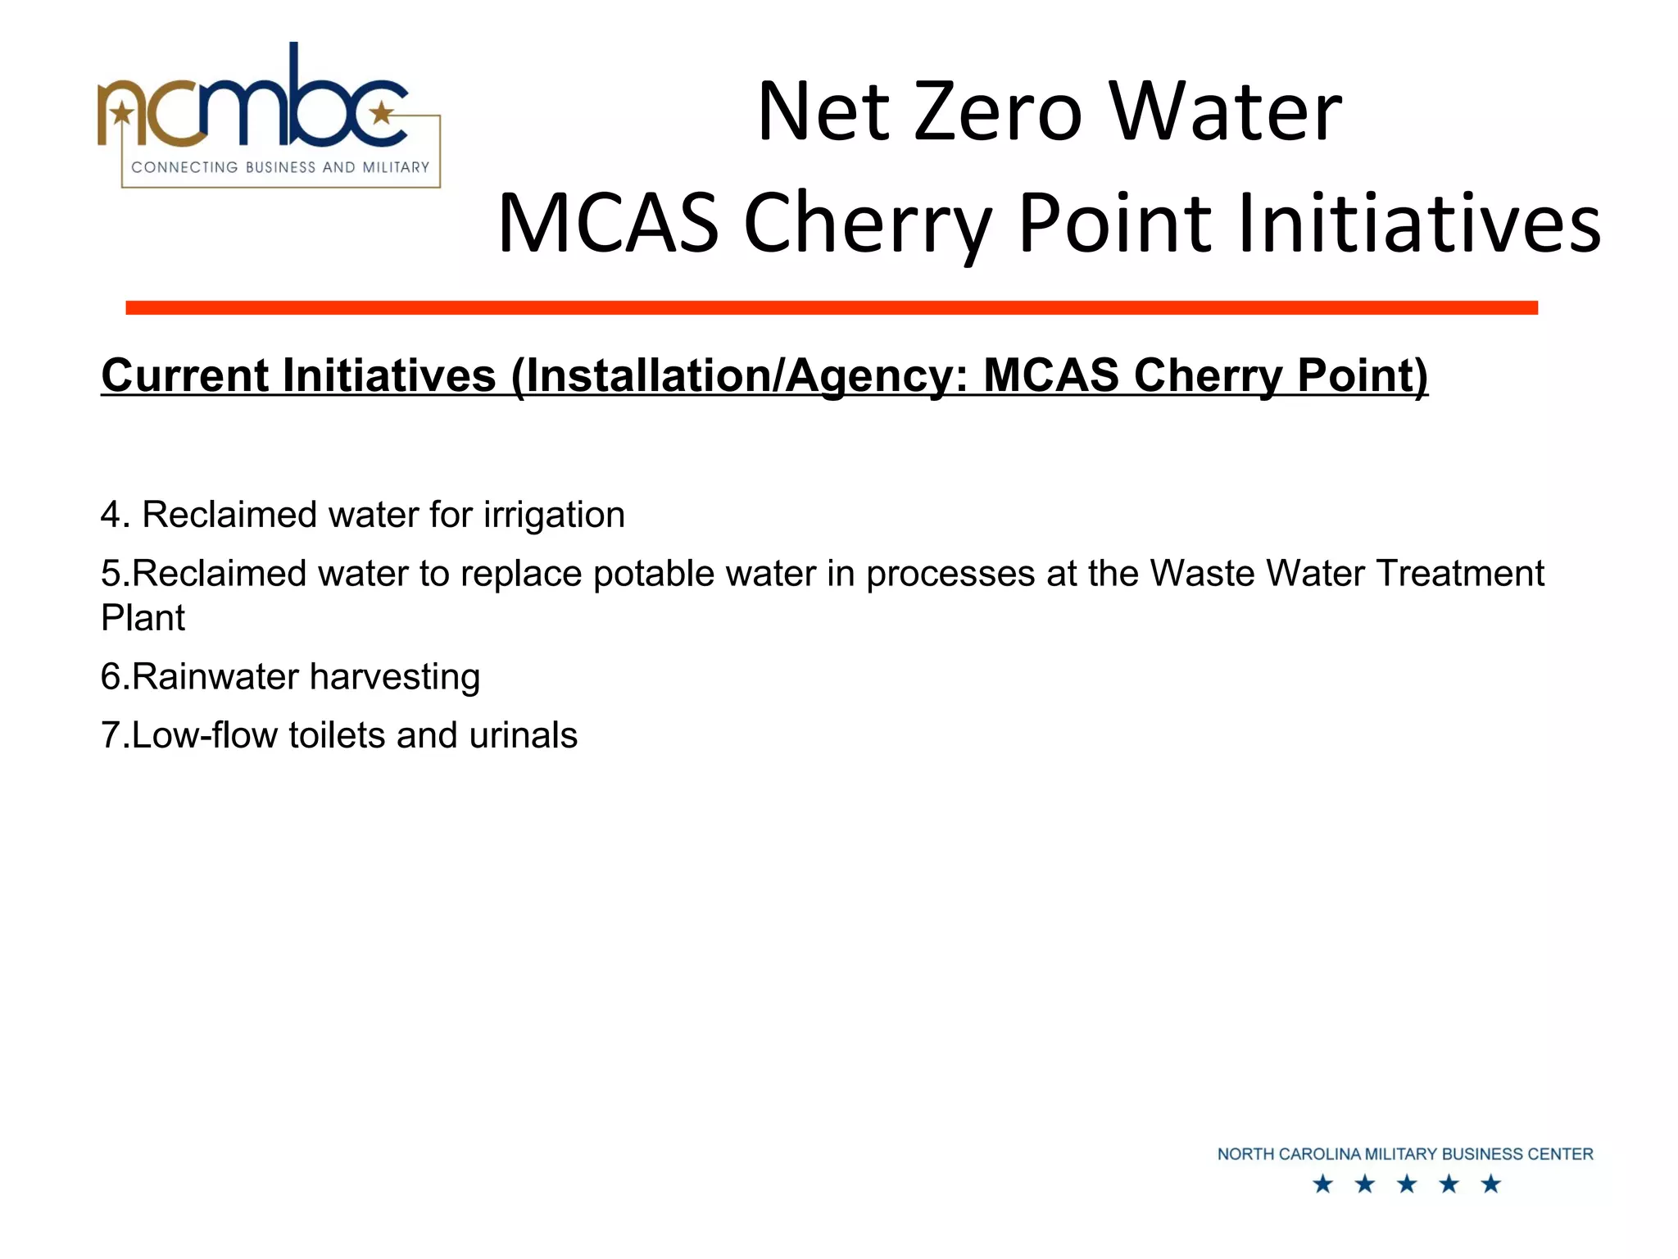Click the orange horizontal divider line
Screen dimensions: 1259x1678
tap(831, 307)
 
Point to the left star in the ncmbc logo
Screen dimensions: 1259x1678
tap(122, 113)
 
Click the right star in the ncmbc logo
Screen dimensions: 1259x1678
tap(381, 113)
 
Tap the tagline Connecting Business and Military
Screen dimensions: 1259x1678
tap(280, 167)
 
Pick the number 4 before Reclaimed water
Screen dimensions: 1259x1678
tap(111, 515)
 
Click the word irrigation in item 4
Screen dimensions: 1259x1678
tap(554, 515)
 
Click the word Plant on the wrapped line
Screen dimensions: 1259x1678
tap(143, 617)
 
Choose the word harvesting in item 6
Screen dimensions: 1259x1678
tap(395, 677)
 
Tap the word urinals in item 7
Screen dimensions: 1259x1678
tap(523, 735)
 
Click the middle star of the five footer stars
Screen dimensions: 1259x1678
tap(1407, 1184)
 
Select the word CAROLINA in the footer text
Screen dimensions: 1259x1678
tap(1318, 1154)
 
